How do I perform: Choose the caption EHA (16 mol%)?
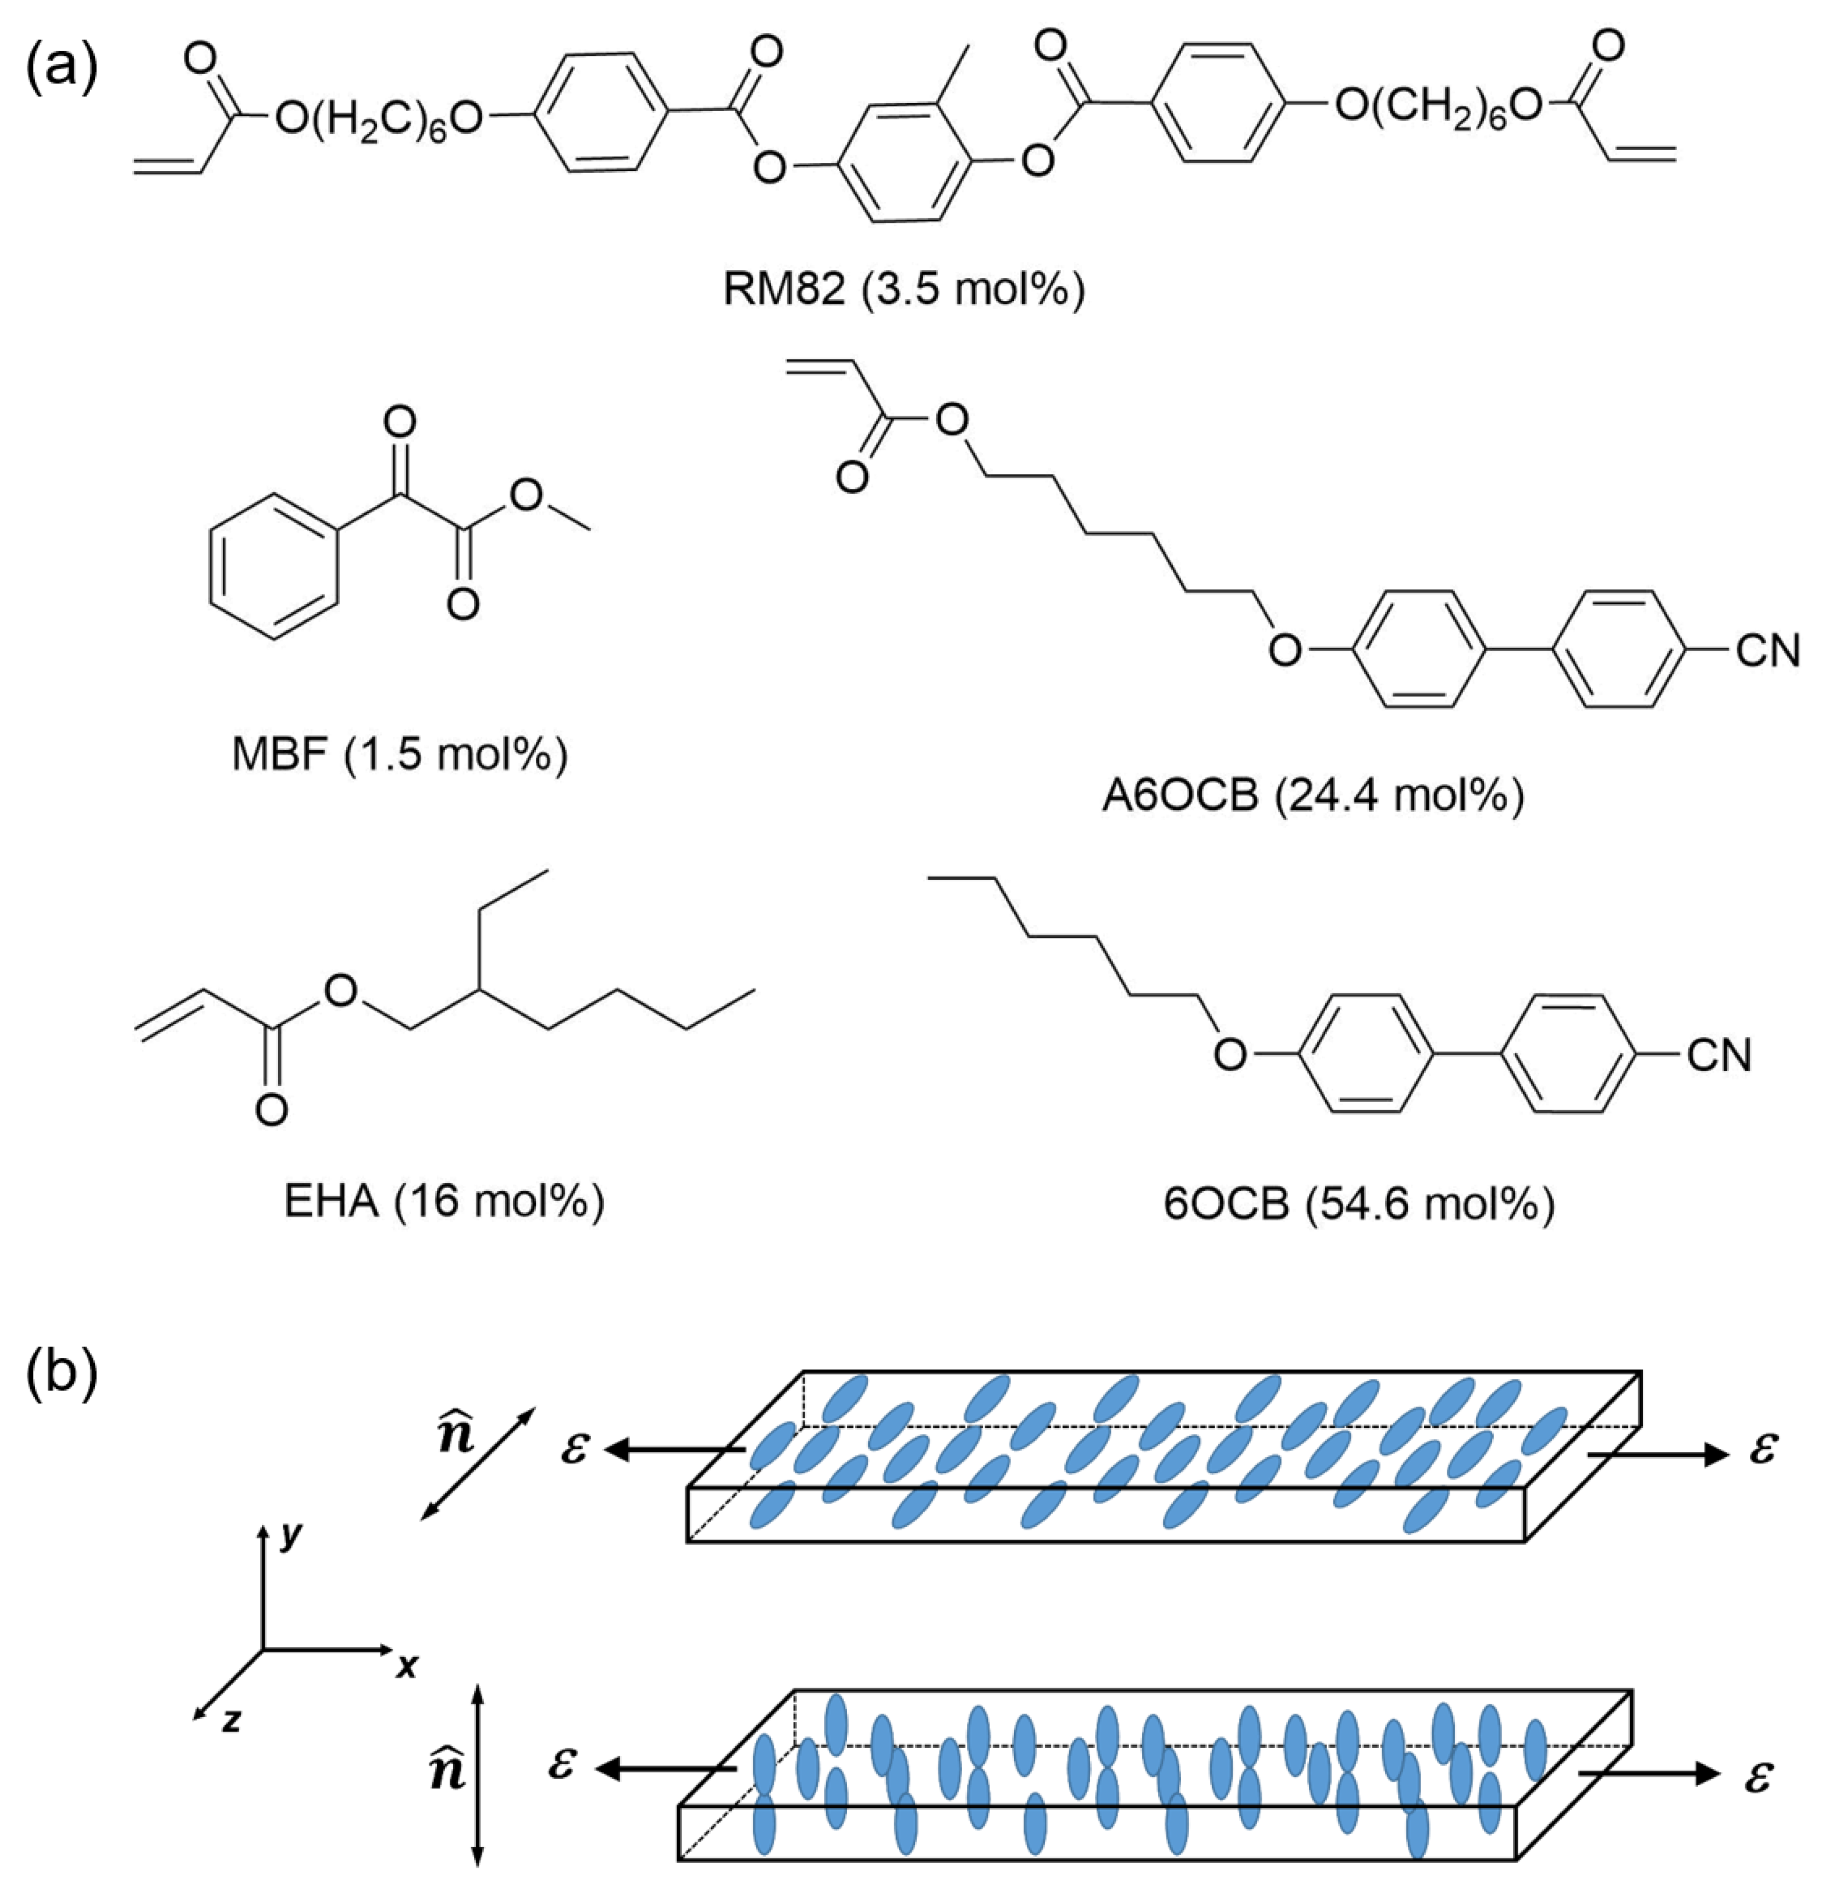point(443,1201)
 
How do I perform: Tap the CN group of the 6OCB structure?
point(1718,1054)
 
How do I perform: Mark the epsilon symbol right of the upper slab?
point(1763,1448)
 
